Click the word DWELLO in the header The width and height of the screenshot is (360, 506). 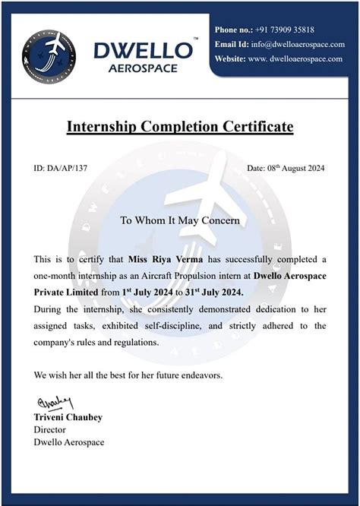(x=142, y=50)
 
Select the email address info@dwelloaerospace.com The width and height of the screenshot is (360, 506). (x=292, y=44)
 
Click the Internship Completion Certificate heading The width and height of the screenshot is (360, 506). (x=180, y=127)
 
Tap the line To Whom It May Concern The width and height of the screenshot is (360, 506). (x=180, y=220)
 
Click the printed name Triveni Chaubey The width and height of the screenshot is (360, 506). (x=67, y=417)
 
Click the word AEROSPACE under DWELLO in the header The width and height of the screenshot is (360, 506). (x=142, y=68)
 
